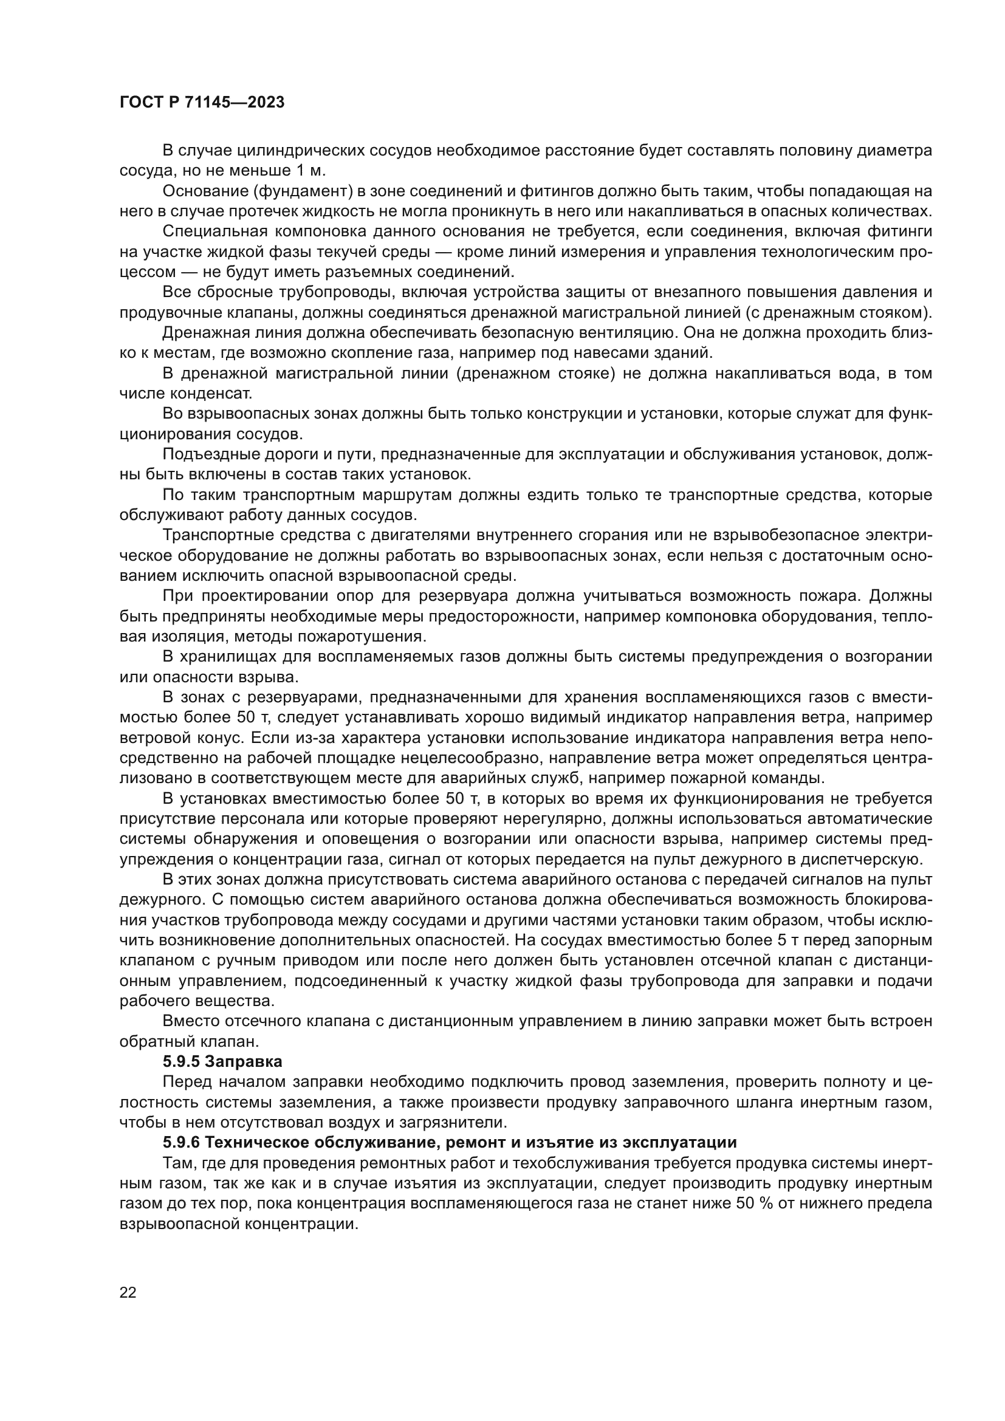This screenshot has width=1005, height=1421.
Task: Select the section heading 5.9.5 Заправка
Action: [222, 1061]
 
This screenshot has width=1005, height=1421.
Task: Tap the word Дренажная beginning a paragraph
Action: [204, 333]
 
